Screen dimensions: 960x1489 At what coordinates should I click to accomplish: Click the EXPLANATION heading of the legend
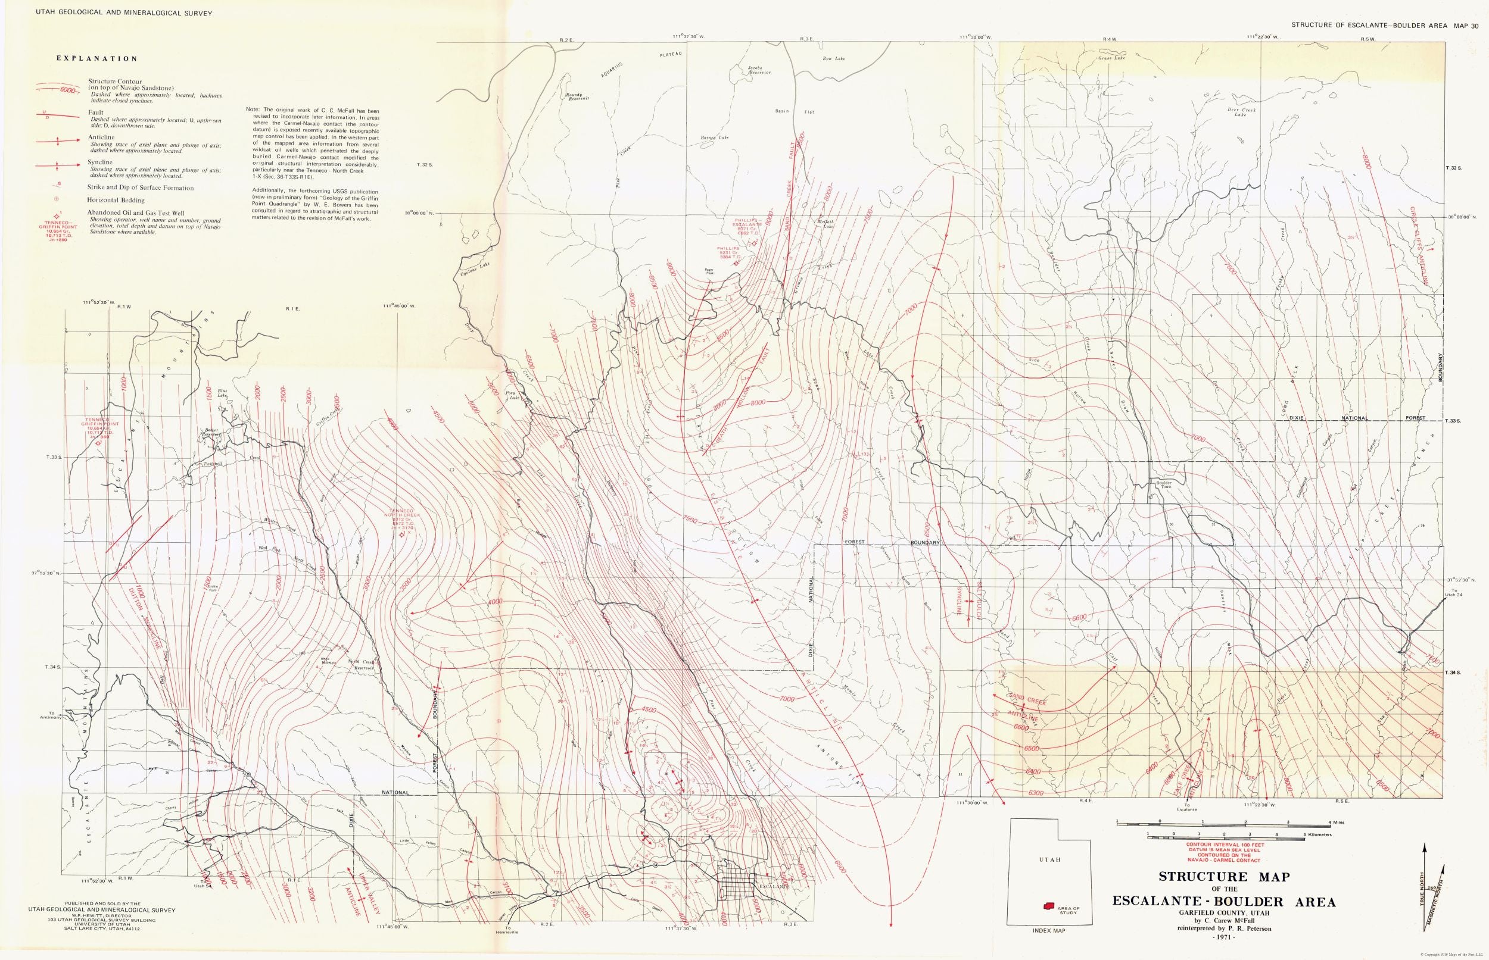click(96, 60)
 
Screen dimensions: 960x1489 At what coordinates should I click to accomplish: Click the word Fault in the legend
click(95, 113)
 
